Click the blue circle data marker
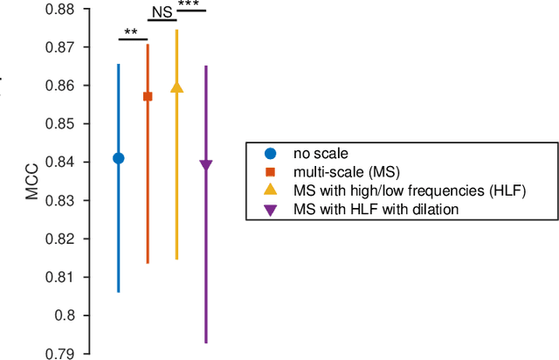(119, 158)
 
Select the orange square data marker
(148, 96)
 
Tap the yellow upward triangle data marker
(176, 87)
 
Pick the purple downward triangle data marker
(206, 165)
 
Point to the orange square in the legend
(271, 171)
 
